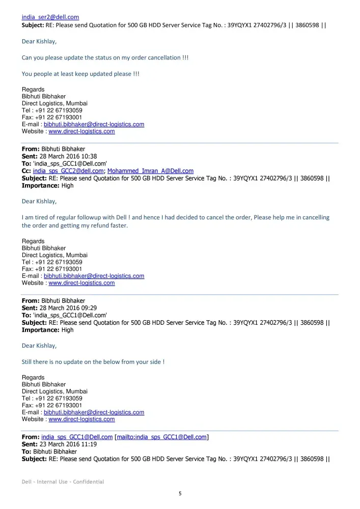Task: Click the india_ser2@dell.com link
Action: (x=50, y=17)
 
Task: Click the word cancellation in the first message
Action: (x=163, y=58)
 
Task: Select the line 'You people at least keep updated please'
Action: (x=80, y=74)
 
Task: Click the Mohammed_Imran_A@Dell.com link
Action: (x=150, y=171)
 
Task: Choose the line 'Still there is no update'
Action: (x=93, y=362)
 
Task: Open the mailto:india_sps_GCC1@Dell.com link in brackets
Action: (x=162, y=437)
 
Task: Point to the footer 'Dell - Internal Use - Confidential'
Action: (x=63, y=482)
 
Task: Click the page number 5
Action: (x=180, y=493)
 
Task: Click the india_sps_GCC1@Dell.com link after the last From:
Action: (x=77, y=437)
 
